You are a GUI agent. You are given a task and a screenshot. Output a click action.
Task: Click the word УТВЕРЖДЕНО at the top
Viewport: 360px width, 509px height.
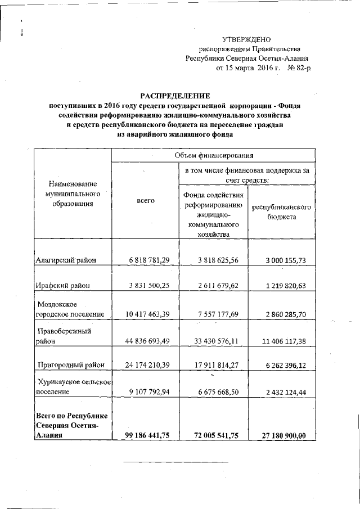click(246, 39)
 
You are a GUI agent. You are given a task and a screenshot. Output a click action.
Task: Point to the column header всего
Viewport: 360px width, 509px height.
click(146, 200)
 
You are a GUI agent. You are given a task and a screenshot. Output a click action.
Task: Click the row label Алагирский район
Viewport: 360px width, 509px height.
click(66, 260)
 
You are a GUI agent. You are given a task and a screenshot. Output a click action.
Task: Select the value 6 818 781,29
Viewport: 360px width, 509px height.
click(146, 260)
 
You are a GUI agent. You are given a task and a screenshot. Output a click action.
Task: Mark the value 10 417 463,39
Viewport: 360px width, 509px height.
click(144, 314)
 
